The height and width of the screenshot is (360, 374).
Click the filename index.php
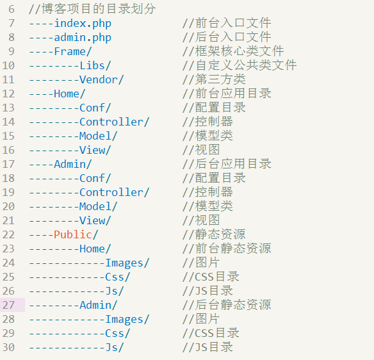[x=83, y=24]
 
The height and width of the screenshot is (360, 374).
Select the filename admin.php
[x=83, y=38]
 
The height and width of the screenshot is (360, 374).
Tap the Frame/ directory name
[x=73, y=51]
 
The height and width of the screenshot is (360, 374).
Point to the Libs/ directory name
[x=95, y=65]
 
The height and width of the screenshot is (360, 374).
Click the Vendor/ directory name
[x=102, y=79]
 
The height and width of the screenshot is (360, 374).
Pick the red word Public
[x=73, y=234]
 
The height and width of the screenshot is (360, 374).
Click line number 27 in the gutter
[x=8, y=305]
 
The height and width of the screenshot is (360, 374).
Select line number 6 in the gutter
[x=12, y=10]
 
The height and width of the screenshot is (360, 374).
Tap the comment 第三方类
[x=220, y=79]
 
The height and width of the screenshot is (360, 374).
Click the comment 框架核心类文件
[x=240, y=51]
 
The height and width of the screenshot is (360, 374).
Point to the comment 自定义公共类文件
[x=246, y=65]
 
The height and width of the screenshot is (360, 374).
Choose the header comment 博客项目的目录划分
[x=99, y=9]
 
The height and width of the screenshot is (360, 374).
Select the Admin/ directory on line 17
[x=73, y=164]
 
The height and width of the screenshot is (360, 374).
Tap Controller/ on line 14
[x=114, y=122]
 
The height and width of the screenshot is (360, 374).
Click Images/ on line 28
[x=127, y=320]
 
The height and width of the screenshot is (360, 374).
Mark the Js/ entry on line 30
[x=115, y=347]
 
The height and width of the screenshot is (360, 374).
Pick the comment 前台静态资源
[x=233, y=249]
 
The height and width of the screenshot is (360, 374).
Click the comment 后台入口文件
[x=233, y=37]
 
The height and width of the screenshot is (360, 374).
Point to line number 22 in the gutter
[x=8, y=234]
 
